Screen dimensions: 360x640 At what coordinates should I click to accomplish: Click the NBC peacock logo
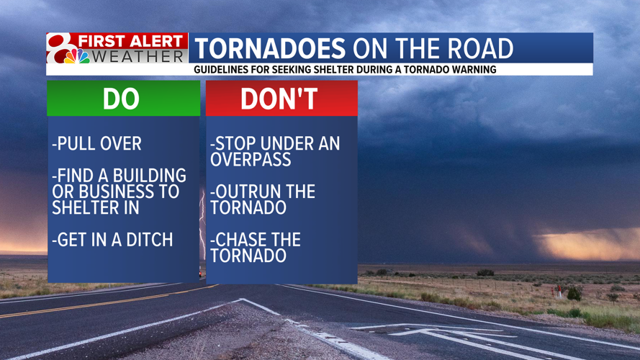pos(77,56)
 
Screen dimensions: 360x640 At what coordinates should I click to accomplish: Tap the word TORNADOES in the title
pos(270,49)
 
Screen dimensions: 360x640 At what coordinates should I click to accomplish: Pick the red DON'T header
pos(281,99)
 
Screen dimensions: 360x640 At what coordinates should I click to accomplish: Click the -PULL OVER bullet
pos(96,143)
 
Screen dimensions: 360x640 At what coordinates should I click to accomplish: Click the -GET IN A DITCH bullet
pos(112,240)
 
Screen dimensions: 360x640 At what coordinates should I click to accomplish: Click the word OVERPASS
pos(240,159)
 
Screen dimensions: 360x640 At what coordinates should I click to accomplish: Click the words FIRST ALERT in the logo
pos(131,41)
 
